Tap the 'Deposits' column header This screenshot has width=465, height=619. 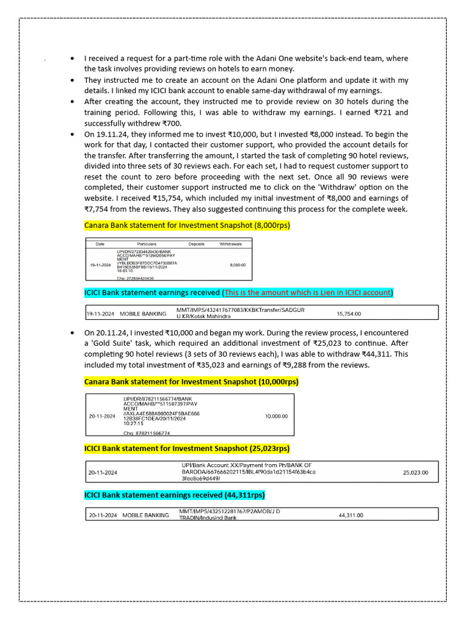pyautogui.click(x=196, y=244)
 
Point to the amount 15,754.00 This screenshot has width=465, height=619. pyautogui.click(x=348, y=314)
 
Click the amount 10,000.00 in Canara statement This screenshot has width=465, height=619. pyautogui.click(x=276, y=416)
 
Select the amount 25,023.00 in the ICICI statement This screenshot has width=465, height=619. pyautogui.click(x=415, y=472)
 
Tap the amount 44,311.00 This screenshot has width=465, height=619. pyautogui.click(x=351, y=515)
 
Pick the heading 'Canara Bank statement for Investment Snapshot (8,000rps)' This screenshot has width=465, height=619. pyautogui.click(x=187, y=225)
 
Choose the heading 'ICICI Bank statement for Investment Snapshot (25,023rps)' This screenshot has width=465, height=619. pyautogui.click(x=187, y=449)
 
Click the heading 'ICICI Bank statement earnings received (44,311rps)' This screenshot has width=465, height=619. pyautogui.click(x=174, y=495)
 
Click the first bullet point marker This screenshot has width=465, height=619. pyautogui.click(x=73, y=59)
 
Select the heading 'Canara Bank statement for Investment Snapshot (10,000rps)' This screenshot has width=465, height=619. pyautogui.click(x=191, y=382)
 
